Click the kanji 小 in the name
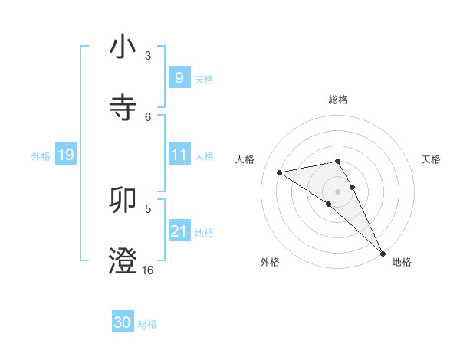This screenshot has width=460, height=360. click(x=123, y=47)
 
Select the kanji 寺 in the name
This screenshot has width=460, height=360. click(x=123, y=106)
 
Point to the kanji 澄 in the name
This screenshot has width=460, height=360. click(x=123, y=260)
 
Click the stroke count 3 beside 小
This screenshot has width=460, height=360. click(x=148, y=55)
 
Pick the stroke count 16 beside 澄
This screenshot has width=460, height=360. click(x=148, y=270)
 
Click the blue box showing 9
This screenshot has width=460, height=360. click(x=179, y=77)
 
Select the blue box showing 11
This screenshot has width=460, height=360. click(x=179, y=155)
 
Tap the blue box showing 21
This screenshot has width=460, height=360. click(x=179, y=231)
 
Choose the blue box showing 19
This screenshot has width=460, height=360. click(x=66, y=155)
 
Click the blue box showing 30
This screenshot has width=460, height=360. click(x=123, y=322)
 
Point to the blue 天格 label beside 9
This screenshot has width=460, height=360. click(x=204, y=79)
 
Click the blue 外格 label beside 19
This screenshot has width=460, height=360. click(x=41, y=156)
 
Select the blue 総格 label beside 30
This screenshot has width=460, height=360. click(x=148, y=324)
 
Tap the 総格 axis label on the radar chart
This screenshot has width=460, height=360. click(x=338, y=100)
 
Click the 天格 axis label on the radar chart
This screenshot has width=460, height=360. click(x=431, y=159)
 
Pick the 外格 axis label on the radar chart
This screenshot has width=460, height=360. click(x=270, y=262)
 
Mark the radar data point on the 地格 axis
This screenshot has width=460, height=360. click(x=383, y=254)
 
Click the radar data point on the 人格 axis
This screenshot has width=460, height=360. click(x=279, y=172)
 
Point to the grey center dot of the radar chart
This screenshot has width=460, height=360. click(x=337, y=191)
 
